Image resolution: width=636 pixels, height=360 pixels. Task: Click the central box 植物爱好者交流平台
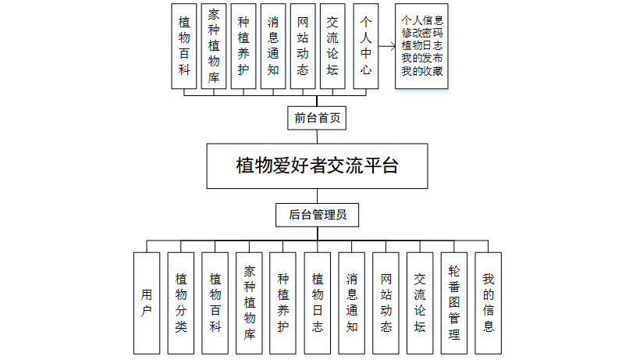point(317,166)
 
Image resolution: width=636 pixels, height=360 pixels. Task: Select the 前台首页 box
point(317,118)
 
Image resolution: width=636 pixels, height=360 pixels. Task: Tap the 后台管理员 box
point(317,215)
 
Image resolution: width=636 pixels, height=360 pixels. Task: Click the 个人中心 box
point(366,46)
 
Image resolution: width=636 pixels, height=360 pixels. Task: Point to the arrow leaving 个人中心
point(387,46)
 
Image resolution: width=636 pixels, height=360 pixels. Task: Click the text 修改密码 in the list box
point(422,33)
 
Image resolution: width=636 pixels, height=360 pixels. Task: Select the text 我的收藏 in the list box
point(422,71)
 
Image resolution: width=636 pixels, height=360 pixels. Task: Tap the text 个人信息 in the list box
point(422,20)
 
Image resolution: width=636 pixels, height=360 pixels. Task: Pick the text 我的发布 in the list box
point(422,59)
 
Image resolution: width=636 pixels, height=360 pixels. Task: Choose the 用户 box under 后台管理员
point(147,303)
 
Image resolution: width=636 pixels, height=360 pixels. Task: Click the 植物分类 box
point(181,303)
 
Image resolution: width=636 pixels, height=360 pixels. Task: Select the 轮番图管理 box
point(454,303)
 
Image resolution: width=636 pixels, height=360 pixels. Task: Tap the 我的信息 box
point(489,303)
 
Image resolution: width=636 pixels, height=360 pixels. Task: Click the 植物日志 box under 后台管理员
point(318,303)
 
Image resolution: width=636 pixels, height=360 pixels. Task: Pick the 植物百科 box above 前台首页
point(184,46)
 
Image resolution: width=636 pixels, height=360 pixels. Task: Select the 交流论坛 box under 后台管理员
point(420,303)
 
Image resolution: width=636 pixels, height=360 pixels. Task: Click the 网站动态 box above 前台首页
point(303,46)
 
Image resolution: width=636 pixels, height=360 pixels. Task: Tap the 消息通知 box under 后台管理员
point(352,303)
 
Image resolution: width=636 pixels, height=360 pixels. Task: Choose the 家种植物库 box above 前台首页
point(214,46)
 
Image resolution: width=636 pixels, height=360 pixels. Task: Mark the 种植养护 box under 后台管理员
point(282,303)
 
